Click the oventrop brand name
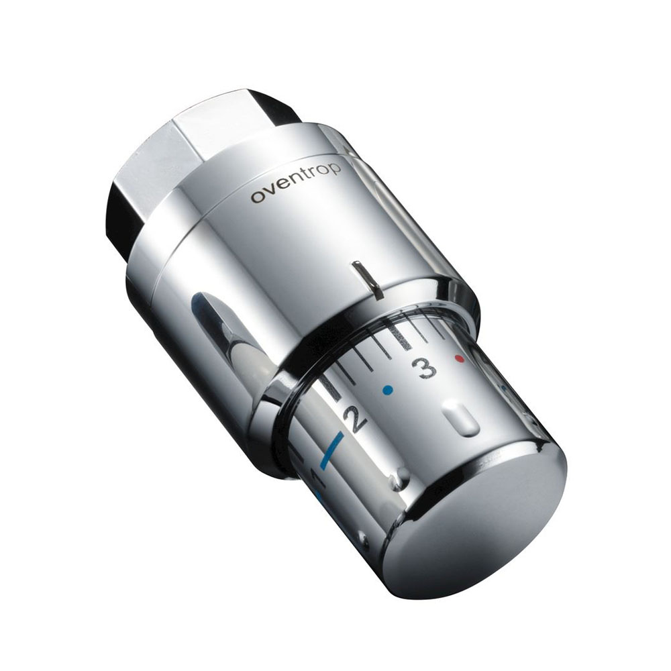(x=296, y=183)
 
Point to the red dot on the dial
(x=460, y=358)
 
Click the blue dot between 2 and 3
(x=388, y=389)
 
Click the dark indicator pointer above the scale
(x=366, y=279)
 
